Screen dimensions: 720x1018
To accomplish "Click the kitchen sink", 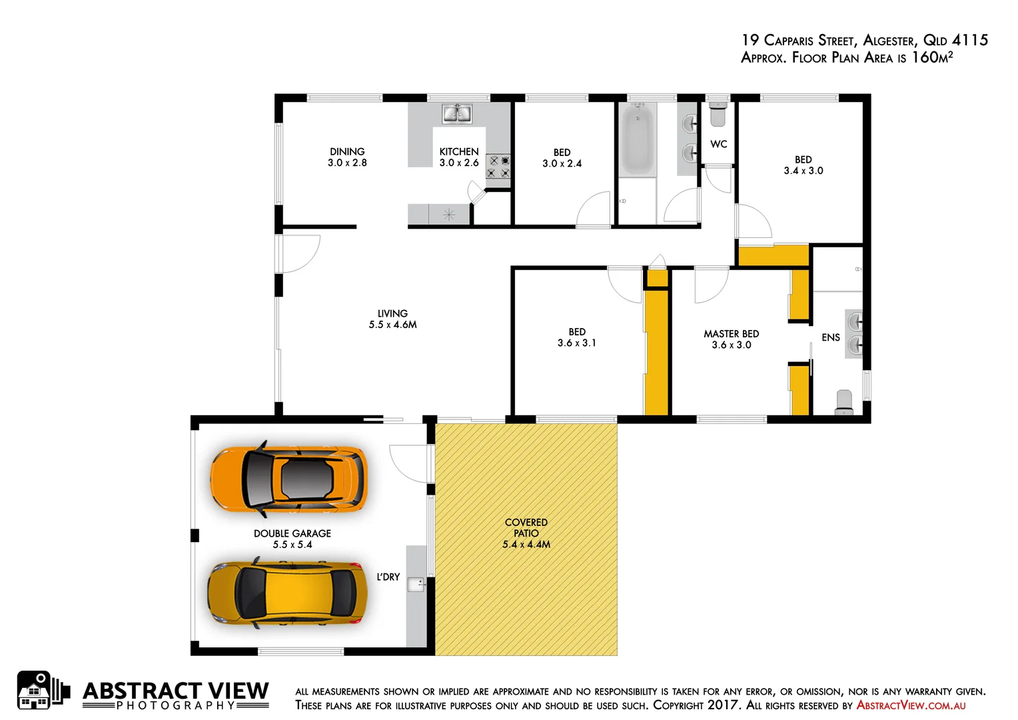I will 458,114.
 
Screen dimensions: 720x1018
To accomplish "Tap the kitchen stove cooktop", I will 498,167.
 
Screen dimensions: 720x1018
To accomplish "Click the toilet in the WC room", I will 718,116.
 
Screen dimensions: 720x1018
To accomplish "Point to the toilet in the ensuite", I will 844,402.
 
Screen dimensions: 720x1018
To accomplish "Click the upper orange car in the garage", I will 288,478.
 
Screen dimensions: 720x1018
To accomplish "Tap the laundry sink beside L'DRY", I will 416,585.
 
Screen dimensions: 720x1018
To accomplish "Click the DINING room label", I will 347,152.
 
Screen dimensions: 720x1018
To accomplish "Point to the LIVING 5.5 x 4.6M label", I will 392,319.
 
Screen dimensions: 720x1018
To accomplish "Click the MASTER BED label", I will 732,334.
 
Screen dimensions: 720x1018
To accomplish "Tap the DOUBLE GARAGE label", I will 292,533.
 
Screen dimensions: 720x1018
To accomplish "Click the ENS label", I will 830,337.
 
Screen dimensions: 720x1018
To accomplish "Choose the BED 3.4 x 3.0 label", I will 803,165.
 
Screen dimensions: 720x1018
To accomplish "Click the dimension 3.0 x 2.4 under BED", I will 562,164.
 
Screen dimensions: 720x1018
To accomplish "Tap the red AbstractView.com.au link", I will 911,705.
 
